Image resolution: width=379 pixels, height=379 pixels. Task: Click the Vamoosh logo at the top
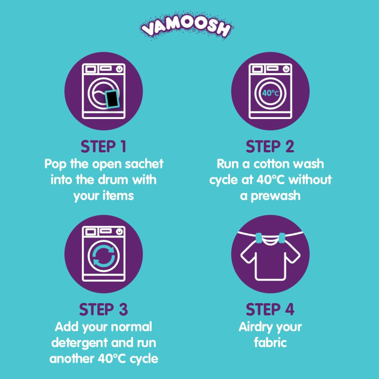pos(186,26)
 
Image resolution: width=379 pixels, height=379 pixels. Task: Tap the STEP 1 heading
pos(103,147)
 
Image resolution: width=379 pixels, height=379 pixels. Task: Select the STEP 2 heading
pos(270,147)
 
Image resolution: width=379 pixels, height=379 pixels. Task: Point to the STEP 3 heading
pos(103,309)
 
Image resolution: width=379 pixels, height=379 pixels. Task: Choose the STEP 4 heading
pos(270,309)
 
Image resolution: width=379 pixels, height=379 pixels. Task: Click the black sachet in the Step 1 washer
pos(113,99)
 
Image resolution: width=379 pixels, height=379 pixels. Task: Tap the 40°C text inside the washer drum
pos(271,93)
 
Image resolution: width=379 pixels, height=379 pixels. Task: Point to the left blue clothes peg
pos(259,239)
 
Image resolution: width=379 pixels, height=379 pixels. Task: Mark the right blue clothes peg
pos(282,239)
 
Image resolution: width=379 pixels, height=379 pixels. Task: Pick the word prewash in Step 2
pos(276,196)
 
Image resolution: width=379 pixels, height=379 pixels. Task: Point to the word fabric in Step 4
pos(270,342)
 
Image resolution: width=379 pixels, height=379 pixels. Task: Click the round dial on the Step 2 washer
pos(286,69)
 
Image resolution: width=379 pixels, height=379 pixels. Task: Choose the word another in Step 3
pos(72,359)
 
